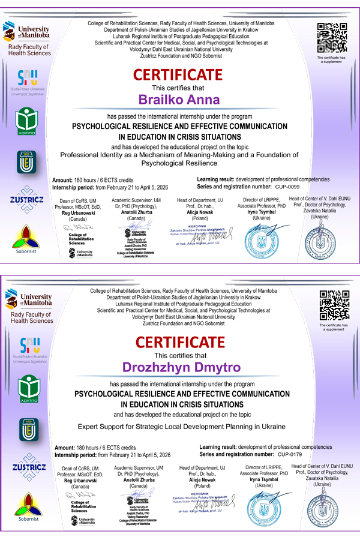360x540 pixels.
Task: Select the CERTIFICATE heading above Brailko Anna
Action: (x=178, y=75)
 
